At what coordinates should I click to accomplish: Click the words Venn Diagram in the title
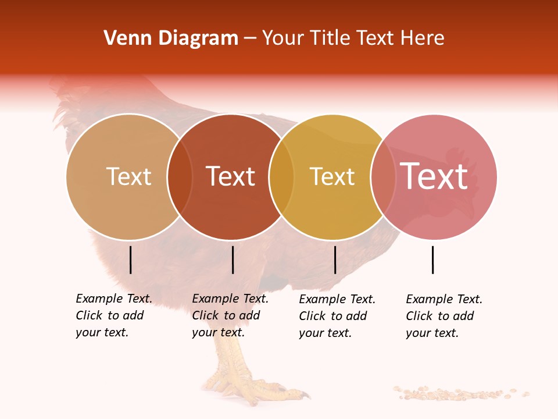click(171, 38)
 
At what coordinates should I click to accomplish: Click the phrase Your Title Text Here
click(353, 38)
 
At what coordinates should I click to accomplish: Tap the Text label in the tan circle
click(128, 176)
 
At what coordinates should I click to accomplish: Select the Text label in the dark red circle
click(231, 176)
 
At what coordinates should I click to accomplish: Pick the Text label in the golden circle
click(332, 176)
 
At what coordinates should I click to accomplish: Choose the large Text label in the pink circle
click(434, 176)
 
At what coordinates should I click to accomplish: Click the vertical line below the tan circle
click(131, 260)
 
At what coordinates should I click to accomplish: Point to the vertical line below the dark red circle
click(233, 260)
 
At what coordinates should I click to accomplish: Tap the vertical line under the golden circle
click(335, 260)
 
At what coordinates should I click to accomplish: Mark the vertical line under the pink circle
click(433, 260)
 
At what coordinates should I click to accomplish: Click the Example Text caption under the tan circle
click(114, 315)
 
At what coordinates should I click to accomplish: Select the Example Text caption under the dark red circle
click(230, 315)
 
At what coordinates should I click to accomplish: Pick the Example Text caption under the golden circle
click(337, 316)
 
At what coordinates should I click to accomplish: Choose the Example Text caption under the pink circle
click(444, 316)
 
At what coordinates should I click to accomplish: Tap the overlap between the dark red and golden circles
click(281, 177)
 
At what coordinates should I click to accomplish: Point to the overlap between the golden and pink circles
click(383, 177)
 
